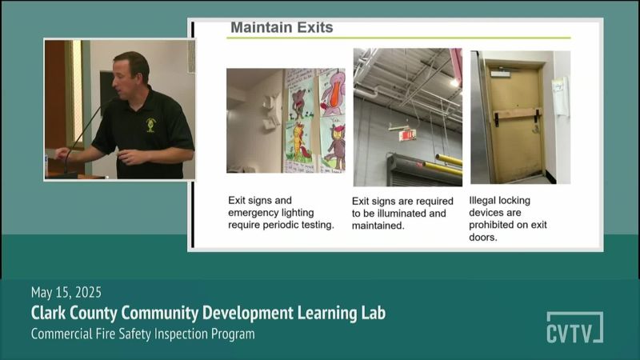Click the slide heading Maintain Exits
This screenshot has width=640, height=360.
pyautogui.click(x=282, y=27)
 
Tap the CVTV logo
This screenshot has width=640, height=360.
pyautogui.click(x=574, y=327)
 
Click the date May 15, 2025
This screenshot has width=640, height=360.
pyautogui.click(x=66, y=292)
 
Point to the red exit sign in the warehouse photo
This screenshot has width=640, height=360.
pyautogui.click(x=408, y=134)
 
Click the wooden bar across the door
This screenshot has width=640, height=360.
pyautogui.click(x=518, y=114)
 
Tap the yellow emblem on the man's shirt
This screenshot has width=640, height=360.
pyautogui.click(x=151, y=125)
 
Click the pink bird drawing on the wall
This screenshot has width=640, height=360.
pyautogui.click(x=332, y=93)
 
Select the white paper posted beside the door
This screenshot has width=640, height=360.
pyautogui.click(x=561, y=96)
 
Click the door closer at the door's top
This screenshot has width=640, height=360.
pyautogui.click(x=502, y=74)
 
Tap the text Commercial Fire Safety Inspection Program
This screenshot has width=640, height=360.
pyautogui.click(x=143, y=334)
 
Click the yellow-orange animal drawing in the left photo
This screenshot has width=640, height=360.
pyautogui.click(x=298, y=142)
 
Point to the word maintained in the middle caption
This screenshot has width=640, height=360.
pyautogui.click(x=377, y=226)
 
